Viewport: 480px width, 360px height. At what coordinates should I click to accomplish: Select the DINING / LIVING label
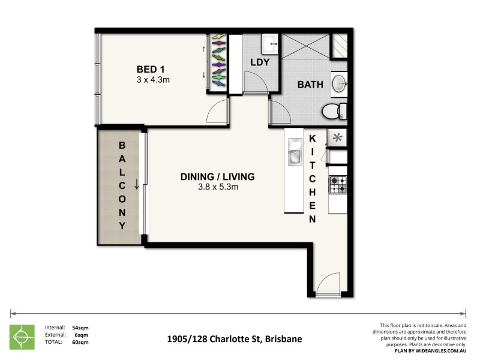pyautogui.click(x=218, y=176)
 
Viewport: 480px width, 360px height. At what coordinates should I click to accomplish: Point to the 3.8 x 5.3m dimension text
pyautogui.click(x=218, y=187)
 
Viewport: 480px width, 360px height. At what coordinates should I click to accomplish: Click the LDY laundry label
pyautogui.click(x=259, y=62)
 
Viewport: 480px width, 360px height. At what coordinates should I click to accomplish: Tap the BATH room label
pyautogui.click(x=311, y=85)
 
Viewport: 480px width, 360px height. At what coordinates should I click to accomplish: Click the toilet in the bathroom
pyautogui.click(x=334, y=111)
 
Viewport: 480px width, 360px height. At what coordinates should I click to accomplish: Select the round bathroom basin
pyautogui.click(x=339, y=83)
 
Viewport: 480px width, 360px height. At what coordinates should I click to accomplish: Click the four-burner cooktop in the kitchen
pyautogui.click(x=337, y=185)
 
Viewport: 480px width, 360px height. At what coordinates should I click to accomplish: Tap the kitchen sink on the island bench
pyautogui.click(x=295, y=152)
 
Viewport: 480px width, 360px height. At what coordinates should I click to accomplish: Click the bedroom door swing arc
pyautogui.click(x=218, y=112)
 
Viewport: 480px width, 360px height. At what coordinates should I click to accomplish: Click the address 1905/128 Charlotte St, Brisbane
pyautogui.click(x=234, y=339)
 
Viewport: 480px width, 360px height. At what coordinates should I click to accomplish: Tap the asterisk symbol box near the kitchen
pyautogui.click(x=337, y=137)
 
